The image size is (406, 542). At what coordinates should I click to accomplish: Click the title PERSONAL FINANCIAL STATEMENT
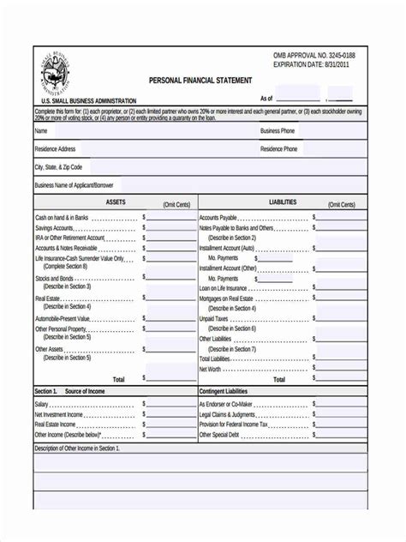tap(200, 81)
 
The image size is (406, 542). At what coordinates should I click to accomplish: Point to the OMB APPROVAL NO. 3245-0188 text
tap(313, 55)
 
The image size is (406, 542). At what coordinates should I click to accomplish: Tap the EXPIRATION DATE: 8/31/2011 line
tap(311, 65)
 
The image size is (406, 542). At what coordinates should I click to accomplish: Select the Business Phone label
tap(278, 131)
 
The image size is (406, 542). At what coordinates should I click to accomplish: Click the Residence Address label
tap(55, 149)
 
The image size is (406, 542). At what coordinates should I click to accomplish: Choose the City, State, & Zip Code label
tap(58, 167)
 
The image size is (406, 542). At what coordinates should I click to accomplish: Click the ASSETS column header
tap(116, 202)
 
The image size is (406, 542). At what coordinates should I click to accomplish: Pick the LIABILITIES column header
tap(283, 202)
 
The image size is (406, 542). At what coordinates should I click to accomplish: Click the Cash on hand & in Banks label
tap(62, 218)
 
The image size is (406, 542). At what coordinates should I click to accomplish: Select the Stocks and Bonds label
tap(54, 278)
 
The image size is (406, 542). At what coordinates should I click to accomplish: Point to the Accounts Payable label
tap(219, 218)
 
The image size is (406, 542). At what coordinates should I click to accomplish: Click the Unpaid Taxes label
tap(214, 318)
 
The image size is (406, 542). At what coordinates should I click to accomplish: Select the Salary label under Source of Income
tap(42, 404)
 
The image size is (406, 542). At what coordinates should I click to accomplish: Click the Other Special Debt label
tap(219, 435)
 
